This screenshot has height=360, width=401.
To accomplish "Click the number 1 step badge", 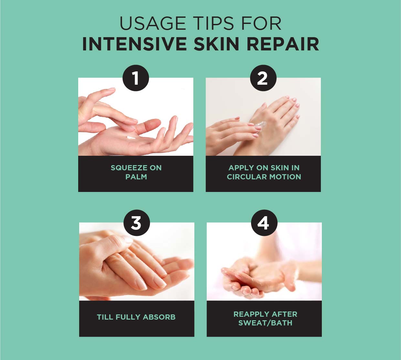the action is [x=136, y=78].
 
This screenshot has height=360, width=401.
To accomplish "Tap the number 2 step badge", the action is [x=263, y=78].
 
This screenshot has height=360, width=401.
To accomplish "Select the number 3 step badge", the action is [x=137, y=223].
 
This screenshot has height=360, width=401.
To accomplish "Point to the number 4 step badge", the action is [x=264, y=223].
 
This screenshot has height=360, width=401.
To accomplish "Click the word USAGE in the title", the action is [x=153, y=23].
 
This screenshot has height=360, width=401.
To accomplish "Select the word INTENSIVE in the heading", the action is [x=134, y=44].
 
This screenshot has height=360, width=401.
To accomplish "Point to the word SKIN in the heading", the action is [x=217, y=44].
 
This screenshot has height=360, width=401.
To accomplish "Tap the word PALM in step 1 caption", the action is [x=136, y=177].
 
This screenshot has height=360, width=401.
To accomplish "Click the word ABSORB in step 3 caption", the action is [x=159, y=317].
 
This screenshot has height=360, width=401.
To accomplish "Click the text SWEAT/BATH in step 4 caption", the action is [x=265, y=323].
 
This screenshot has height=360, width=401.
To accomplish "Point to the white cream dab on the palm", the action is [x=131, y=137].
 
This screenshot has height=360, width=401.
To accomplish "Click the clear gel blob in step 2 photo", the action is [x=261, y=125].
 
